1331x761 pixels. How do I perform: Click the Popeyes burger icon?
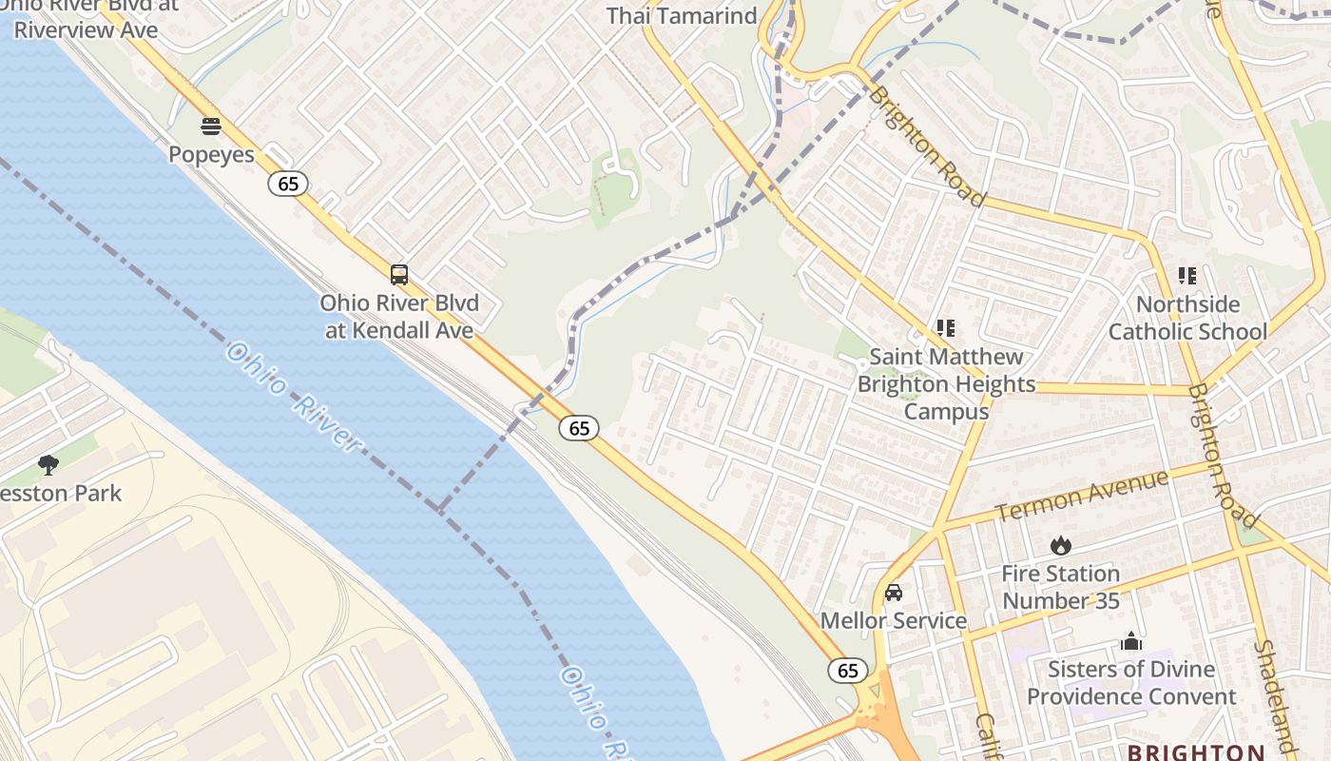211,127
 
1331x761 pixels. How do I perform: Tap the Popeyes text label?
211,154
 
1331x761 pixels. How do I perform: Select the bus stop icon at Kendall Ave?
399,275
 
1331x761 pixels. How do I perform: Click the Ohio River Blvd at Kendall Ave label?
399,317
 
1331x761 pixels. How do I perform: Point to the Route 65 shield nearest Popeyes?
287,184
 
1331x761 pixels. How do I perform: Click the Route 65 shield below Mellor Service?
847,671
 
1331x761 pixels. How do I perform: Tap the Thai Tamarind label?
682,16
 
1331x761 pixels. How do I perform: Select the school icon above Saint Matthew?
945,328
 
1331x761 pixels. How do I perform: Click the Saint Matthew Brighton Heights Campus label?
946,384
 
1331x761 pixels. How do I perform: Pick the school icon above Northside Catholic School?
1186,276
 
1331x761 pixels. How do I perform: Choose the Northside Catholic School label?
1187,318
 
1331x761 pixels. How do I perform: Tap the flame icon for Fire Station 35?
1061,545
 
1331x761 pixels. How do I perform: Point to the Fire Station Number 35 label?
1061,587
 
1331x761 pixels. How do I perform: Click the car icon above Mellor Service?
894,593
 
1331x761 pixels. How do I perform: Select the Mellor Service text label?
894,621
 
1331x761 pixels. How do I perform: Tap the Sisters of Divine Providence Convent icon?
1130,641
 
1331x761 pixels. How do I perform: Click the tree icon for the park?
48,465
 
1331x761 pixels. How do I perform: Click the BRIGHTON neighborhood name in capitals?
1196,752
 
